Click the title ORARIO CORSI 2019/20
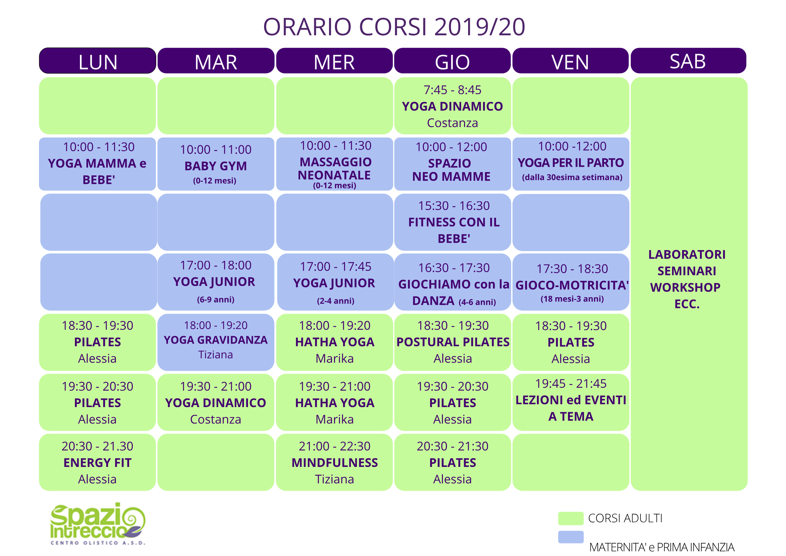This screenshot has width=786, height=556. click(x=394, y=27)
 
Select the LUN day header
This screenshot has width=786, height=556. click(x=97, y=61)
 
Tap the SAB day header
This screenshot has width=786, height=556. click(x=689, y=61)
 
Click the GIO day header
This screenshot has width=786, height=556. click(x=452, y=61)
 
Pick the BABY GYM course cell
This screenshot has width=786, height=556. click(x=216, y=164)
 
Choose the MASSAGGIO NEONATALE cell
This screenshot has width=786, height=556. click(x=334, y=164)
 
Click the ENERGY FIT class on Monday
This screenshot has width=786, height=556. click(x=97, y=463)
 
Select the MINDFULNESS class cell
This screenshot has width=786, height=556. click(x=334, y=463)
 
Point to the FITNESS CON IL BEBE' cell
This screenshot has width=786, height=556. click(x=453, y=222)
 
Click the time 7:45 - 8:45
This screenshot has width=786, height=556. click(x=452, y=90)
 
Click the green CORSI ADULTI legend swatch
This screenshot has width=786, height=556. click(x=571, y=518)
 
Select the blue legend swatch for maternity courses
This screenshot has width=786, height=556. click(x=571, y=537)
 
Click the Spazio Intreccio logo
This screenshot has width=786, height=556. click(x=98, y=524)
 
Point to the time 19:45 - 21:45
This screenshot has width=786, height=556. click(x=571, y=384)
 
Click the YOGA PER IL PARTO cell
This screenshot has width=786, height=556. click(x=571, y=164)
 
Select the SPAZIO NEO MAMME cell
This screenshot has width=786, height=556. click(x=453, y=164)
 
